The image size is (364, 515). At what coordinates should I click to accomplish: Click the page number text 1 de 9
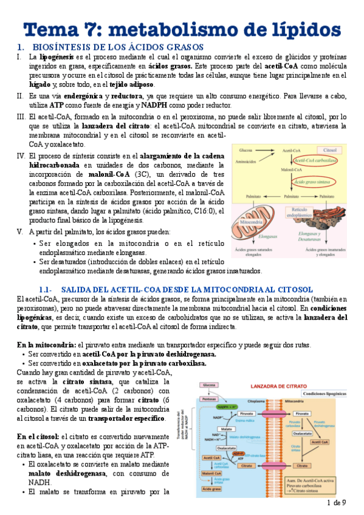click(336, 503)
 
